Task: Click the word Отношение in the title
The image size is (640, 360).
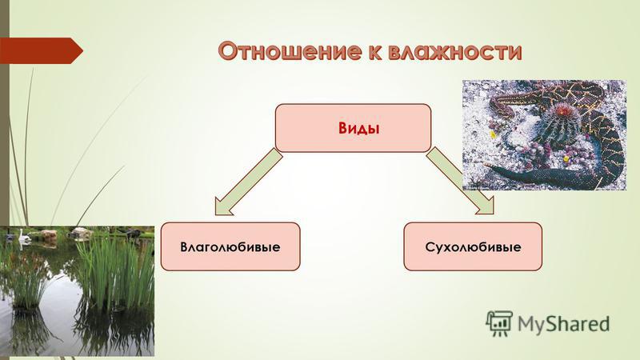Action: pyautogui.click(x=289, y=51)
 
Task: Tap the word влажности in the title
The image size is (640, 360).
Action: pyautogui.click(x=454, y=51)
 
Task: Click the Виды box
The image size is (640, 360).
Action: pyautogui.click(x=353, y=128)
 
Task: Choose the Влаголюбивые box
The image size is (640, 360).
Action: pyautogui.click(x=230, y=246)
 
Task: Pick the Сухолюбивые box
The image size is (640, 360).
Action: pyautogui.click(x=473, y=246)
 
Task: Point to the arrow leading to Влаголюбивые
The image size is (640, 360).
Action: pyautogui.click(x=248, y=182)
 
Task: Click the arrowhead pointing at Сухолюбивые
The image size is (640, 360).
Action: pyautogui.click(x=485, y=206)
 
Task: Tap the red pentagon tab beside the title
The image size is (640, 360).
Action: pyautogui.click(x=41, y=50)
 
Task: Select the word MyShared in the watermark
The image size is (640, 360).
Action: pyautogui.click(x=564, y=325)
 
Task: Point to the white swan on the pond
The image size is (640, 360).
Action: pyautogui.click(x=22, y=236)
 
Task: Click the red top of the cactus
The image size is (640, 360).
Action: pyautogui.click(x=562, y=109)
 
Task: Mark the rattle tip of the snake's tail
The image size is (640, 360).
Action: pyautogui.click(x=489, y=166)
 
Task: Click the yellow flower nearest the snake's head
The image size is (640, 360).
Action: pyautogui.click(x=493, y=134)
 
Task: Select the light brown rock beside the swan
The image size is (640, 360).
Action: pyautogui.click(x=48, y=234)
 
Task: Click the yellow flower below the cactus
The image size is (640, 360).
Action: pyautogui.click(x=566, y=158)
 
